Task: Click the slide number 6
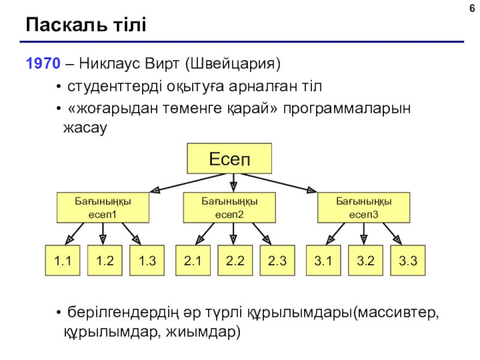coord(472,8)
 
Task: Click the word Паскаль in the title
coord(66,25)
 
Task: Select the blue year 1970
coord(43,64)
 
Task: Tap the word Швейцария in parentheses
coord(233,64)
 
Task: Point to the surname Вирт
coord(161,64)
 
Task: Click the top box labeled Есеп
coord(229,158)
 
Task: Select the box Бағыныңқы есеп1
coord(103,208)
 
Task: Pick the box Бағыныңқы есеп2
coord(229,208)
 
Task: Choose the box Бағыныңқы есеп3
coord(364,208)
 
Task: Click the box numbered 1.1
coord(62,260)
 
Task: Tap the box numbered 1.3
coord(147,260)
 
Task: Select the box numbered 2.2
coord(235,260)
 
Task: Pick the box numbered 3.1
coord(323,260)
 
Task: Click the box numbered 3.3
coord(408,260)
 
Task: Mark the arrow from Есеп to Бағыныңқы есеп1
coord(188,183)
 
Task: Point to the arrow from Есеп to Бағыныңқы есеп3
coord(278,183)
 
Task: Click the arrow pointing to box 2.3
coord(262,233)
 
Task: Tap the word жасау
coord(85,128)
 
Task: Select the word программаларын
coord(347,109)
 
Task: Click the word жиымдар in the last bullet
coord(203,332)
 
